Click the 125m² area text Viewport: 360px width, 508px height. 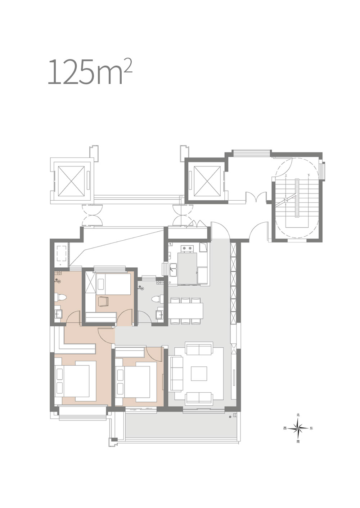[x=90, y=72]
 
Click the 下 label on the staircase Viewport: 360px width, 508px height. [x=309, y=175]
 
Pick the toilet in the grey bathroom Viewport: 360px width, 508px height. [x=157, y=299]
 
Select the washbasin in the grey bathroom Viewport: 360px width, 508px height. [x=159, y=315]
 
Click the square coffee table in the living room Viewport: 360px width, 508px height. [x=199, y=374]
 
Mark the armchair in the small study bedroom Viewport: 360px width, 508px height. [x=104, y=302]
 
